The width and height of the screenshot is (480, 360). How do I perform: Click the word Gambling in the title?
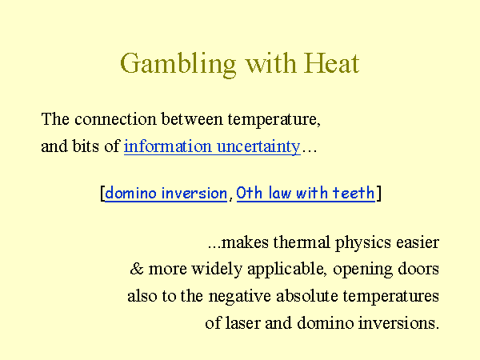pyautogui.click(x=178, y=64)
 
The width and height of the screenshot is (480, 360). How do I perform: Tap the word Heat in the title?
pyautogui.click(x=331, y=63)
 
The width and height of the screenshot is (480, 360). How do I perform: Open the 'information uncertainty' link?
pyautogui.click(x=212, y=146)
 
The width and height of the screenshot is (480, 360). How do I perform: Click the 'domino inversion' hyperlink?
pyautogui.click(x=166, y=193)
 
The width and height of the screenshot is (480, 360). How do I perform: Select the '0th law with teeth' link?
pyautogui.click(x=306, y=193)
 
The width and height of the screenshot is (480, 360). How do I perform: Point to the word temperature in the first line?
pyautogui.click(x=274, y=119)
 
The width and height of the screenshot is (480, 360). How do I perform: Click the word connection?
pyautogui.click(x=115, y=118)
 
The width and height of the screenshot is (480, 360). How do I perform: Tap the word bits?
pyautogui.click(x=86, y=146)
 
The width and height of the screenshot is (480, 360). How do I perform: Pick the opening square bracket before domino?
pyautogui.click(x=102, y=194)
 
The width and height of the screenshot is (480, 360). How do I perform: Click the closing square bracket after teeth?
pyautogui.click(x=378, y=194)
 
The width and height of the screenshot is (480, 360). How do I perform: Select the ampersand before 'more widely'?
pyautogui.click(x=137, y=269)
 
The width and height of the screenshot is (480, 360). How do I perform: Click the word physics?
pyautogui.click(x=363, y=243)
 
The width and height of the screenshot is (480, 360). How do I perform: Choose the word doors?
pyautogui.click(x=418, y=269)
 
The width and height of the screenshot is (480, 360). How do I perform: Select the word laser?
pyautogui.click(x=242, y=322)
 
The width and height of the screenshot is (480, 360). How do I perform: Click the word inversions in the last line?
pyautogui.click(x=398, y=322)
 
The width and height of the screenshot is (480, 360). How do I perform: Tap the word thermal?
pyautogui.click(x=302, y=242)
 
